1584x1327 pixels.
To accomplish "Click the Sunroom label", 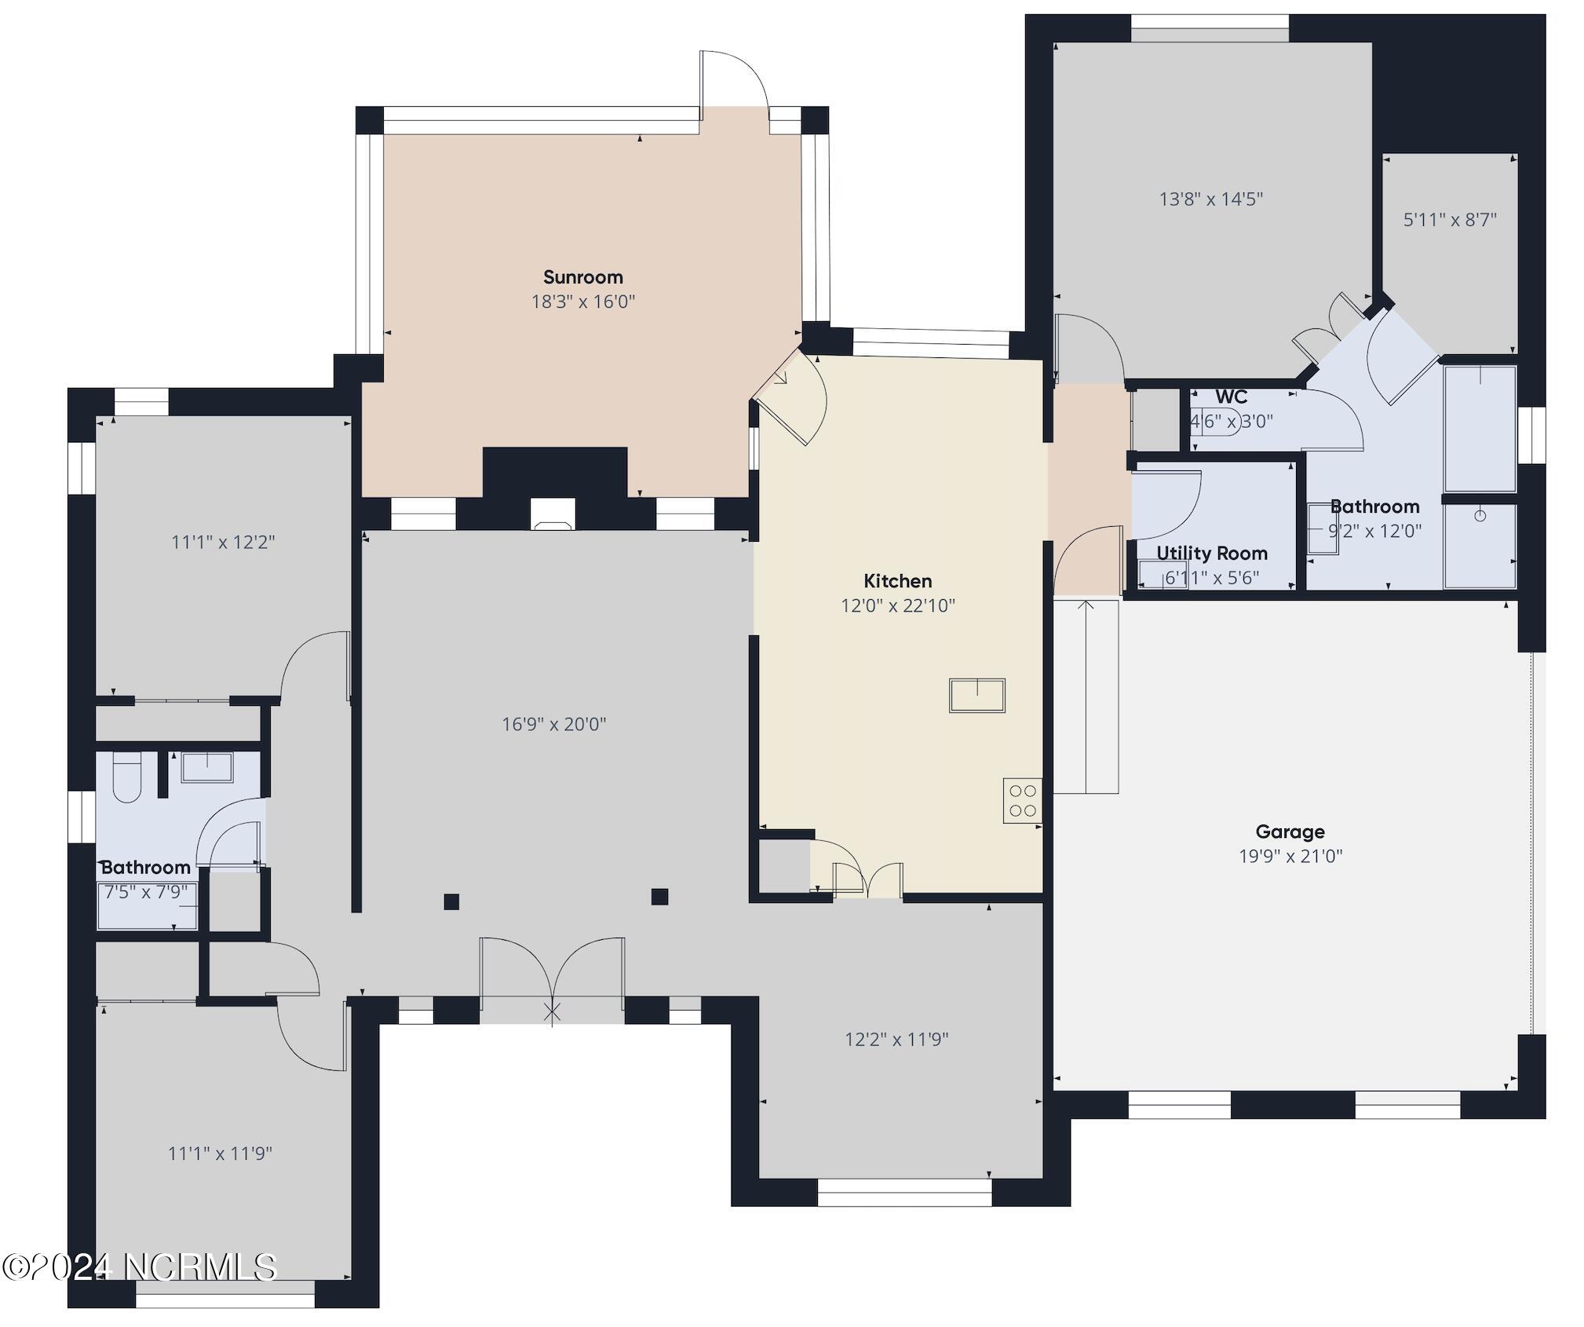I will [582, 277].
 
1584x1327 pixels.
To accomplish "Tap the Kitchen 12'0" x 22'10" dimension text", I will [897, 605].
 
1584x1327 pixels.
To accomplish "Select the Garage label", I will [1290, 832].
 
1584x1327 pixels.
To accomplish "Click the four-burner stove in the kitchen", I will [1022, 800].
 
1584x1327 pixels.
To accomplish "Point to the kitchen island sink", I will [976, 695].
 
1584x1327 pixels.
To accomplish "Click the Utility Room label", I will [1211, 553].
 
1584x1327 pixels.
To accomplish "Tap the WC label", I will [1231, 397].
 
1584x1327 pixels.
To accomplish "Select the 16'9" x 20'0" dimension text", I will [554, 724].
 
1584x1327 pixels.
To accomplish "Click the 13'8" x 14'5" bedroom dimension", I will [1210, 199].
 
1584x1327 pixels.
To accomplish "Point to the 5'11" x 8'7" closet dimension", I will [1449, 220].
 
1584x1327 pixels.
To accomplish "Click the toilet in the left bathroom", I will [126, 778].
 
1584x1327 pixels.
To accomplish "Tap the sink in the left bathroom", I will [206, 767].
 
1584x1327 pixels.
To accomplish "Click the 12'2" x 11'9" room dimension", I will [896, 1040].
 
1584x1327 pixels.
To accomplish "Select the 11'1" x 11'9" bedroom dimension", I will [220, 1153].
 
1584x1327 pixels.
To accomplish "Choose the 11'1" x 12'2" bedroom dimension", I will [223, 542].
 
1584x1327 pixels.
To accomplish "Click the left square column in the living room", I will [451, 901].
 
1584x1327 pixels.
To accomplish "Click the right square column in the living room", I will [659, 896].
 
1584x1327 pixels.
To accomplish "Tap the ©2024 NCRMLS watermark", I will [140, 1267].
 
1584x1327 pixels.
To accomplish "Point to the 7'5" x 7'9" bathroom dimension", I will [146, 892].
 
